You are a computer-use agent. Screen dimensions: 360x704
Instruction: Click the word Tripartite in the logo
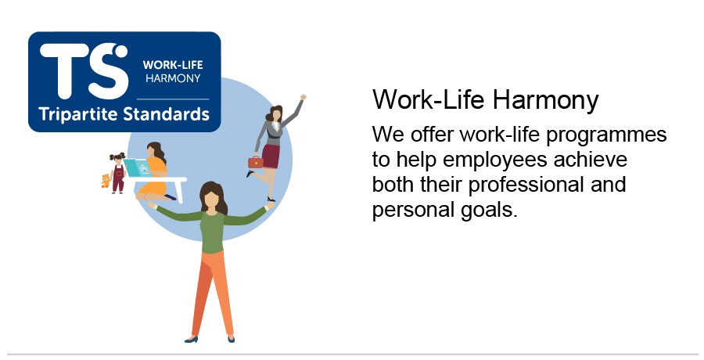[x=76, y=114]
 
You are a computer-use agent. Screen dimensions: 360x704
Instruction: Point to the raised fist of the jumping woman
[x=303, y=98]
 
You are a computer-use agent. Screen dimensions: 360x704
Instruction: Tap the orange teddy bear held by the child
[x=106, y=181]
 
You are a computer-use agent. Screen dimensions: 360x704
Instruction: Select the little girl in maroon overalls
[x=118, y=173]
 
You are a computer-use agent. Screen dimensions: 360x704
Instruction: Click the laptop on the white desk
[x=135, y=167]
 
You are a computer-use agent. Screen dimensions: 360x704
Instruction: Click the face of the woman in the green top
[x=211, y=195]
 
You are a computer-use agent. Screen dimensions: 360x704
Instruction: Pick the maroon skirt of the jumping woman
[x=271, y=155]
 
